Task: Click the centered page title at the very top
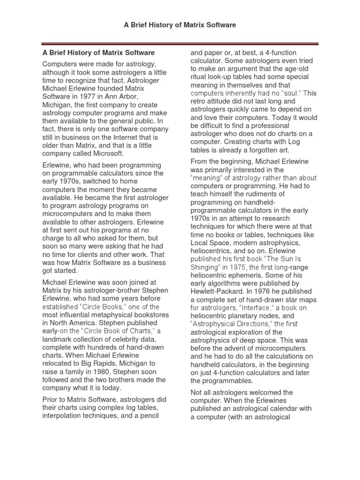[x=180, y=24]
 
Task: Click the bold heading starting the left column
[x=98, y=53]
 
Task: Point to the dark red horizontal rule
[x=180, y=44]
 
